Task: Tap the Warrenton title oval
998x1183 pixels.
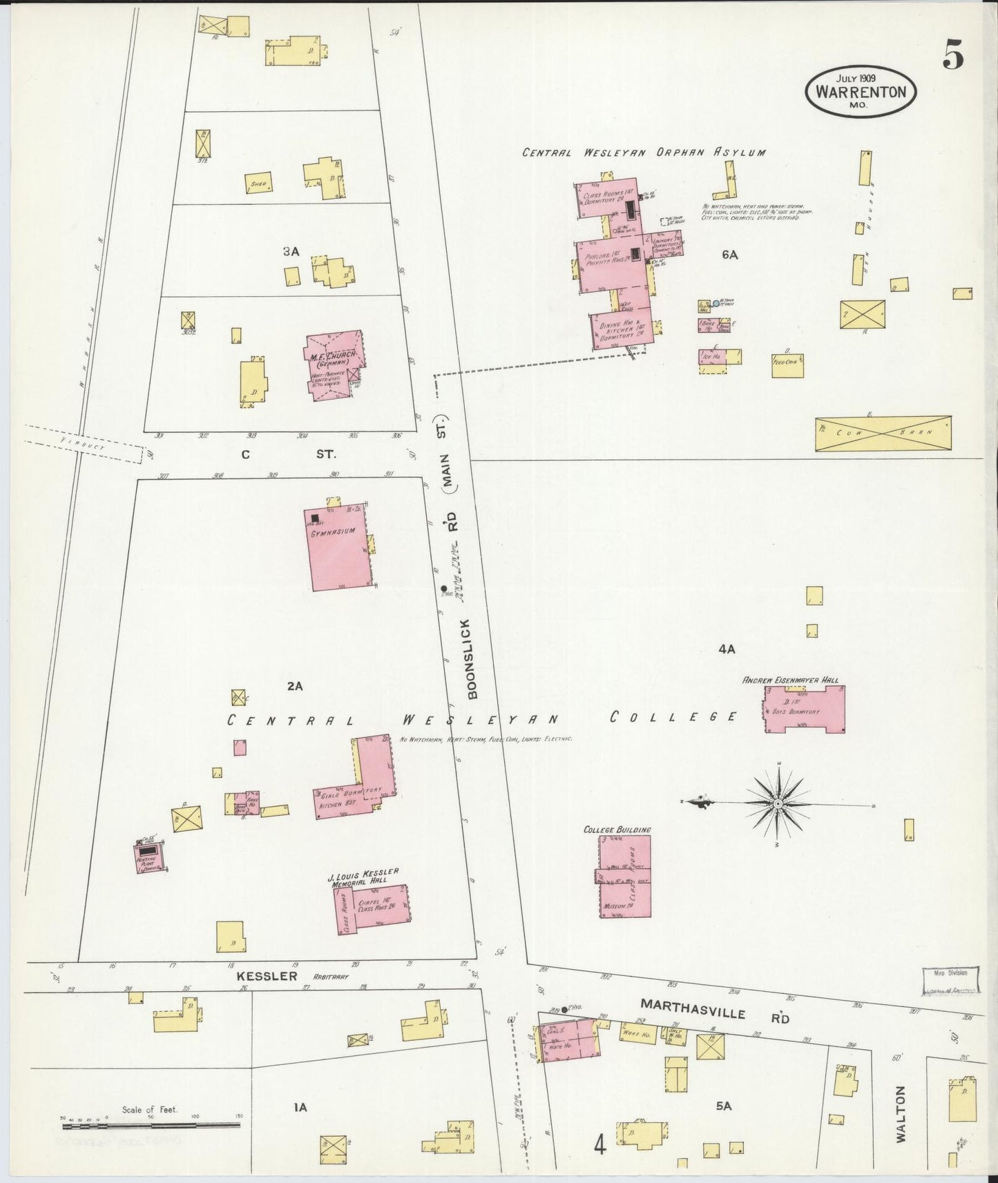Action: [861, 92]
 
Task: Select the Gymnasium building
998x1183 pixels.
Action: [338, 550]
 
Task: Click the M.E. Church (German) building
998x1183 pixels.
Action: [334, 365]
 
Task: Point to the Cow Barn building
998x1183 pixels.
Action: [883, 433]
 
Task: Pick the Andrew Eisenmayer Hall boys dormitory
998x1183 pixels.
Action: [805, 709]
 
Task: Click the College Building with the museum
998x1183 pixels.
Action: [624, 877]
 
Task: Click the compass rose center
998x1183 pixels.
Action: [778, 803]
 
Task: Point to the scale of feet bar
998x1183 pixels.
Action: [151, 1126]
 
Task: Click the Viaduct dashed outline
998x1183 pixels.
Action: [84, 442]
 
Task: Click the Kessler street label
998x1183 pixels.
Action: [267, 976]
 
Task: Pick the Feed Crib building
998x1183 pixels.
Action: [787, 366]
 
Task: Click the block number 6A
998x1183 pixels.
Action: [730, 255]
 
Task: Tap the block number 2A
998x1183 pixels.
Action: [295, 686]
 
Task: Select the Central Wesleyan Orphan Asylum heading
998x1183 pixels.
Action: [643, 153]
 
